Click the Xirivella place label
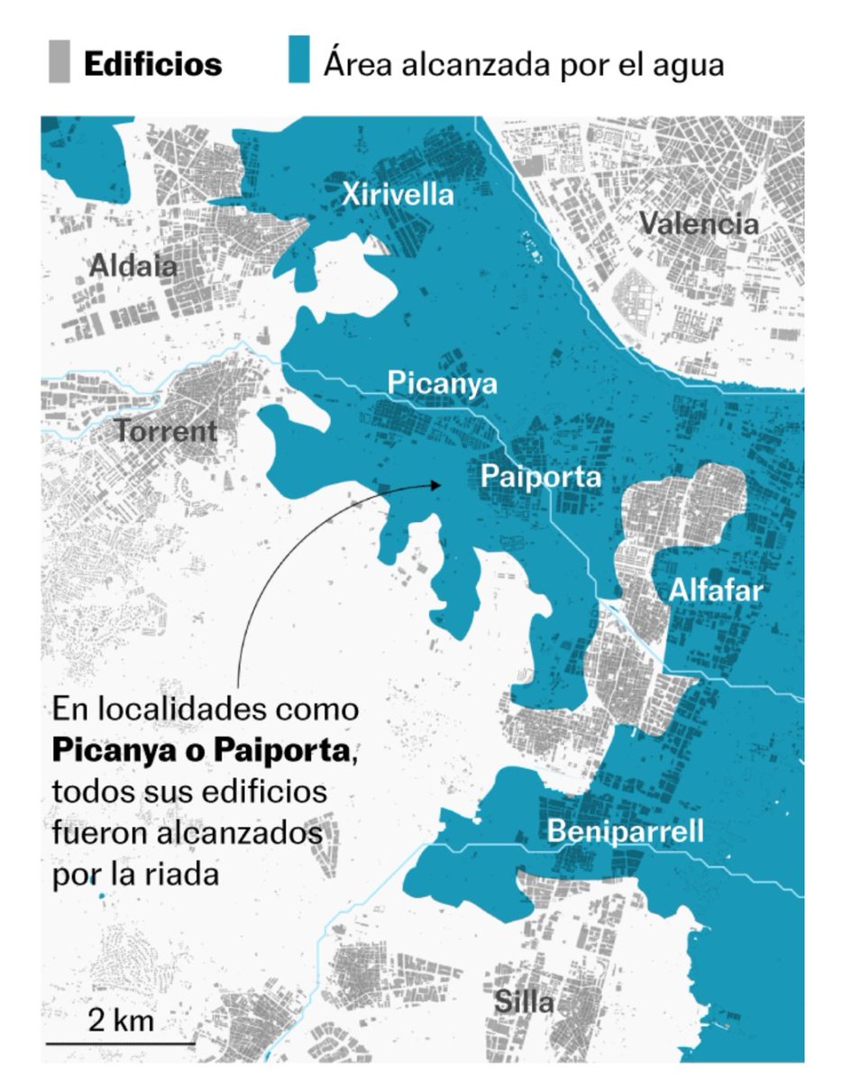tap(398, 194)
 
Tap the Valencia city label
tap(700, 223)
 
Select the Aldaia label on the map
tap(133, 265)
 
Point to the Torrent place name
tap(166, 431)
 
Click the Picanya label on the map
tap(443, 383)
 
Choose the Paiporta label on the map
tap(540, 475)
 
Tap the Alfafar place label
tap(716, 591)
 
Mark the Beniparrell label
tap(626, 831)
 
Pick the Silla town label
tap(524, 1002)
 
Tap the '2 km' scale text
tap(121, 1021)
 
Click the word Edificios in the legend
tap(152, 64)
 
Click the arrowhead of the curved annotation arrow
tap(436, 485)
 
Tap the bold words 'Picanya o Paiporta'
tap(200, 749)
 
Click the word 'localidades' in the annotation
tap(187, 709)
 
